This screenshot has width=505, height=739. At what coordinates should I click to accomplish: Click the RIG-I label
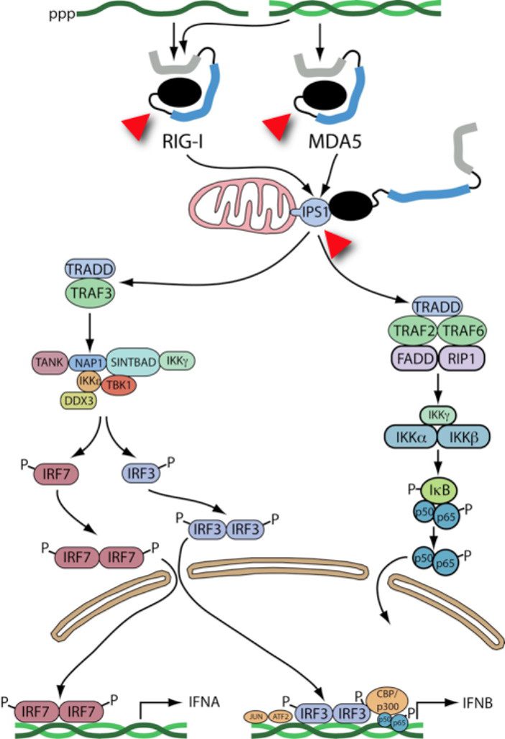(185, 155)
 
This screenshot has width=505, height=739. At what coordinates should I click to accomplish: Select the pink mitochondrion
(242, 213)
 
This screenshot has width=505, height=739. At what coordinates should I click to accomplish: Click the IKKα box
(412, 436)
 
